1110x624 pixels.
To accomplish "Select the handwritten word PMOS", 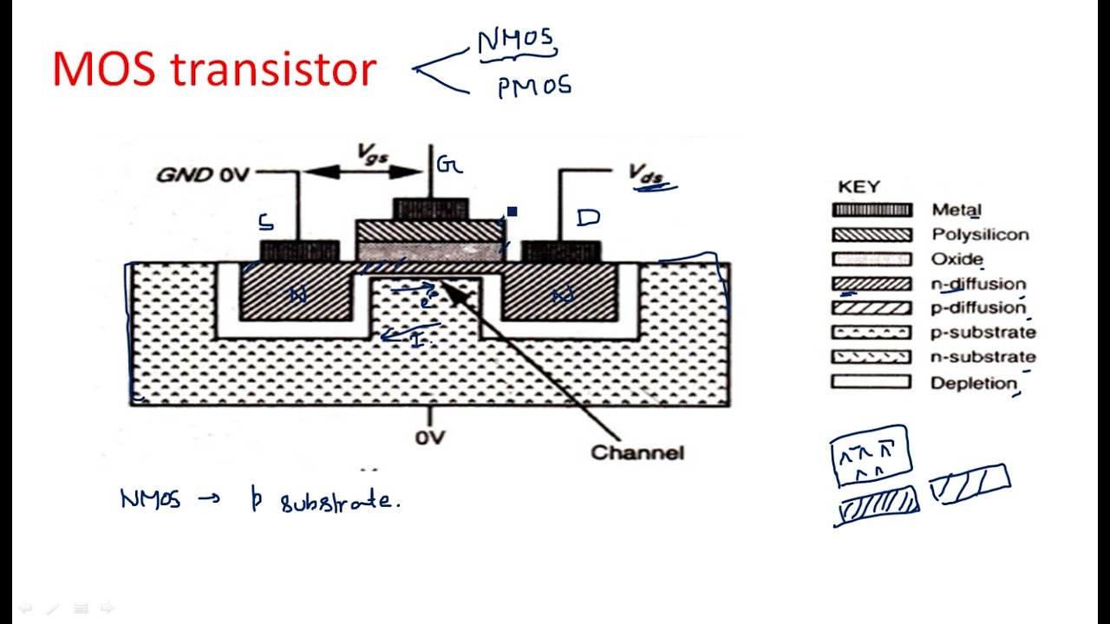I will tap(534, 88).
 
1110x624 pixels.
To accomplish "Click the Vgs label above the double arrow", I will tap(374, 153).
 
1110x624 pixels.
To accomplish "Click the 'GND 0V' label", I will tap(202, 175).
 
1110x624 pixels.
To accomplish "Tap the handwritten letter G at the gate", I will tap(448, 165).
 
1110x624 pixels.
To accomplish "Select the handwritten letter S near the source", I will tap(266, 222).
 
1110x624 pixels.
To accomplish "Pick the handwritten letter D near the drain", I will tap(588, 217).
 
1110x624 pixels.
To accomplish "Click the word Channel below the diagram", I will tap(637, 452).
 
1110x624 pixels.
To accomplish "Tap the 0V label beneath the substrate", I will tap(430, 438).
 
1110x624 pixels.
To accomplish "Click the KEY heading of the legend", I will tap(859, 186).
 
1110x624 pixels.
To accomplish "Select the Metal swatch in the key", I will tap(872, 210).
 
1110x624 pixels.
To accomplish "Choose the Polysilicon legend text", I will tap(980, 235).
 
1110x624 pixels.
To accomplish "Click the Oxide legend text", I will tap(957, 259).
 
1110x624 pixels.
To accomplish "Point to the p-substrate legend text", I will tap(983, 332).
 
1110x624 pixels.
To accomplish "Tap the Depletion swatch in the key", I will tap(872, 382).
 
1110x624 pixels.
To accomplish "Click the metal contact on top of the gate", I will tap(431, 208).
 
